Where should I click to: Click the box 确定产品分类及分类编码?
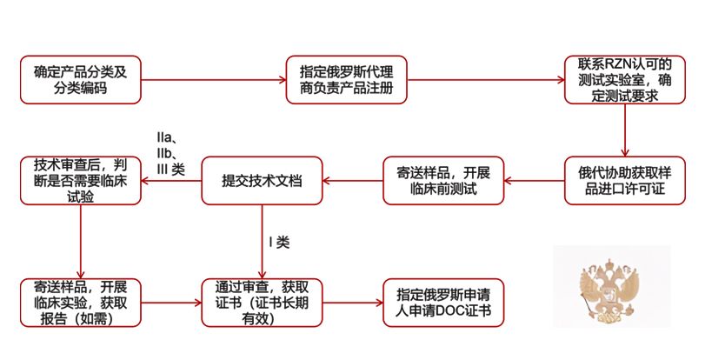81,80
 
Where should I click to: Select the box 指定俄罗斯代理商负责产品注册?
346,80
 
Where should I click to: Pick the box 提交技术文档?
262,181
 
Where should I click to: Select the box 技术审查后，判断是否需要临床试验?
81,181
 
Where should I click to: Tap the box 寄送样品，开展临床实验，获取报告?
81,303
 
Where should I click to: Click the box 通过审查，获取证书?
262,303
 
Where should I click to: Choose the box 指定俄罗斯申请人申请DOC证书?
443,303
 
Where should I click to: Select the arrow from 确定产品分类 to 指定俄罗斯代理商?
213,80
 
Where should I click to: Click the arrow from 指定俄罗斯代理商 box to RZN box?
483,80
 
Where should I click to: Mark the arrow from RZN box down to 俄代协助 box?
624,131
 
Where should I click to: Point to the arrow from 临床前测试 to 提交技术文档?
353,181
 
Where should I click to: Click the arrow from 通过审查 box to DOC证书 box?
353,303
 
